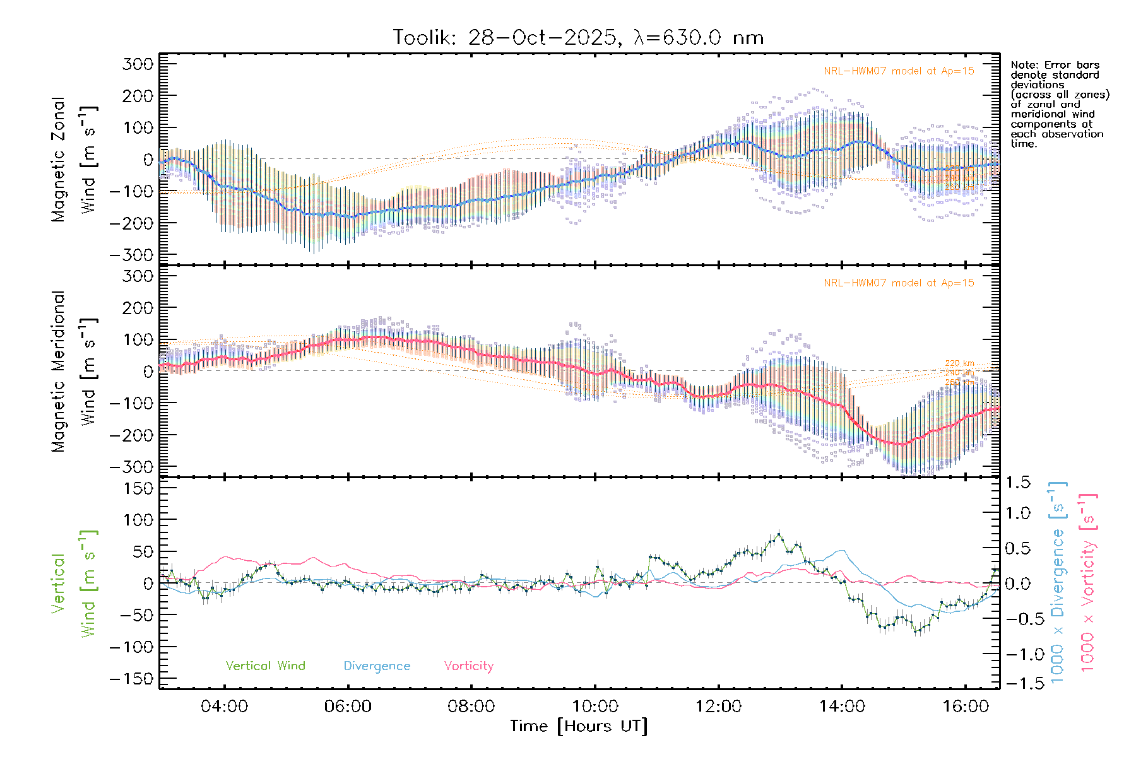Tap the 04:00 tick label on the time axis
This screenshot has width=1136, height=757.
[224, 707]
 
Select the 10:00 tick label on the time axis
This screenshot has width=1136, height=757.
[595, 707]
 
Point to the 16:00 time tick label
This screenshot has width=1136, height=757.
[966, 707]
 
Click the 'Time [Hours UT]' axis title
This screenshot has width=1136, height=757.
[579, 727]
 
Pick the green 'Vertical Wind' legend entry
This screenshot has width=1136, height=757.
[265, 666]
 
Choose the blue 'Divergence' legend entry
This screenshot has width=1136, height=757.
[377, 666]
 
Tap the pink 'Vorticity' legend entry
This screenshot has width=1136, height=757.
[468, 666]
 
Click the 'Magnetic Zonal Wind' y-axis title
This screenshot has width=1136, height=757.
[74, 159]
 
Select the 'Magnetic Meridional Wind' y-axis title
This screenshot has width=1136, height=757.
[74, 371]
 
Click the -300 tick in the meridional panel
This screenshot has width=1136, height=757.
[132, 467]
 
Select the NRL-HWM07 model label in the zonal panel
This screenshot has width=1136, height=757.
[899, 71]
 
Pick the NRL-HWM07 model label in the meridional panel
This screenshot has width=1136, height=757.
[899, 283]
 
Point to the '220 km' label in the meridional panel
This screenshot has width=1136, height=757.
[959, 363]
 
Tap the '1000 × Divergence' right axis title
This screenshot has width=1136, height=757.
[1058, 583]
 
